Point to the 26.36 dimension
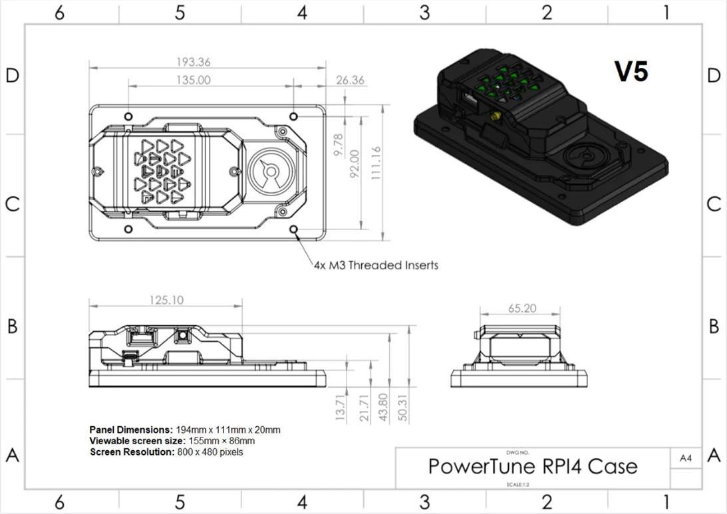pyautogui.click(x=351, y=80)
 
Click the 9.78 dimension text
pyautogui.click(x=337, y=146)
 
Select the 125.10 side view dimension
pyautogui.click(x=166, y=301)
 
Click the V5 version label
pyautogui.click(x=631, y=72)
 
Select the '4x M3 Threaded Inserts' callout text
pyautogui.click(x=376, y=265)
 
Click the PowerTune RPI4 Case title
pyautogui.click(x=532, y=466)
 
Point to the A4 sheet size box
pyautogui.click(x=686, y=457)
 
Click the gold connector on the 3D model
pyautogui.click(x=496, y=116)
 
